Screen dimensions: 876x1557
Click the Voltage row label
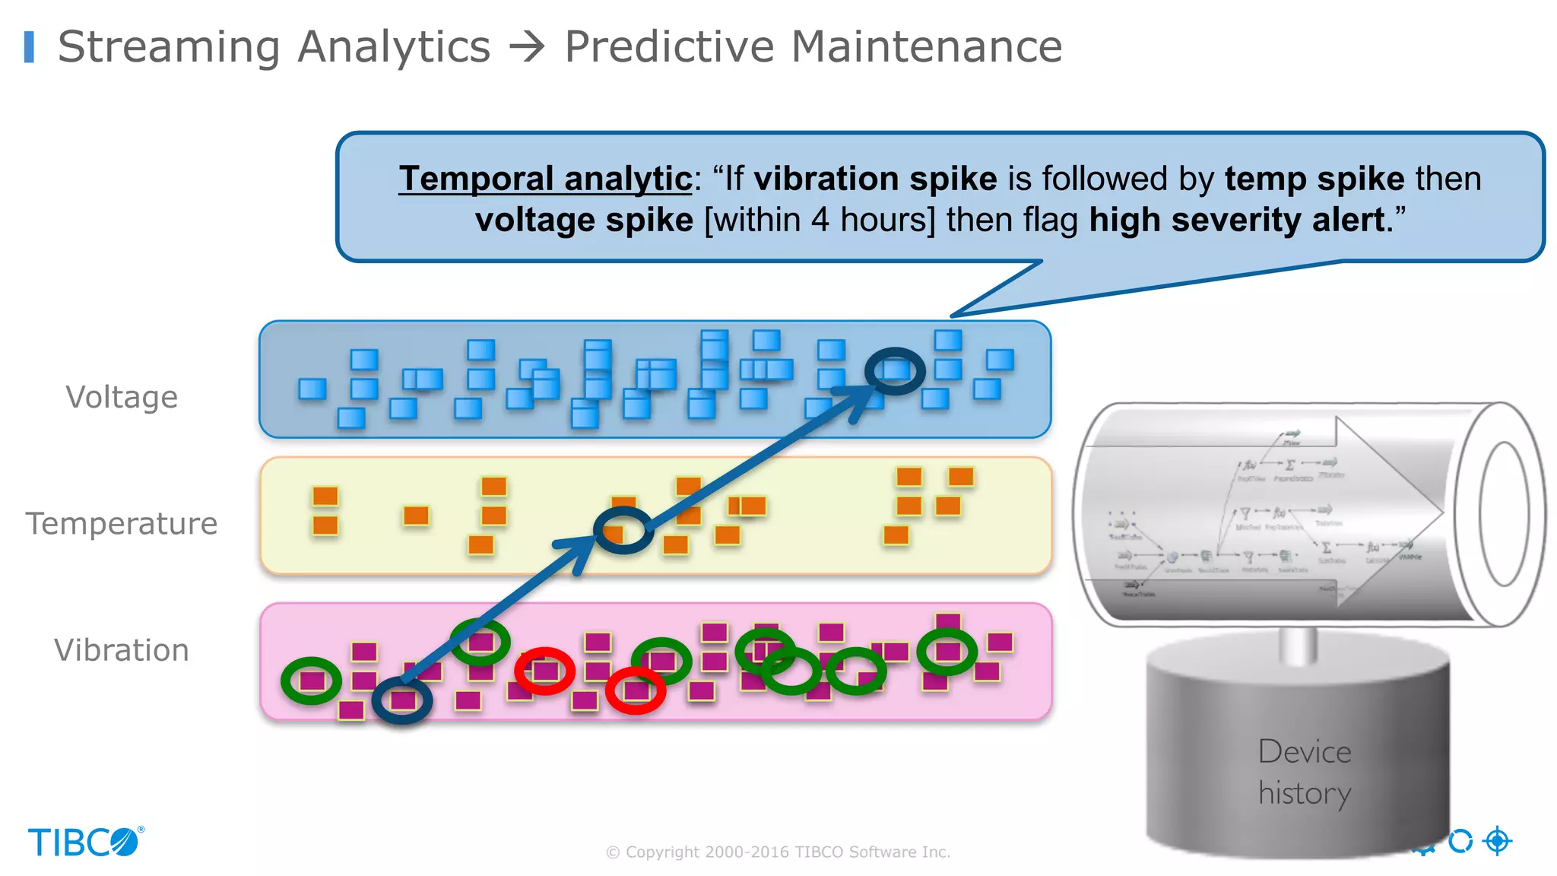[122, 397]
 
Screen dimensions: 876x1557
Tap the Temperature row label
[122, 523]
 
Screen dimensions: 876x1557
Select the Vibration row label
[122, 650]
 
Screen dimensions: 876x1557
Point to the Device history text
[1305, 772]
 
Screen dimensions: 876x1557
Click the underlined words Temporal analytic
[545, 179]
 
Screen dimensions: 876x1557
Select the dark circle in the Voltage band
[895, 371]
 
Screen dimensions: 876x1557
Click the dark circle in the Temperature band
[623, 531]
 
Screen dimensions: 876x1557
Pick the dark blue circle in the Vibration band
[402, 700]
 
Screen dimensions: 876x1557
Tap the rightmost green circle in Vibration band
[947, 652]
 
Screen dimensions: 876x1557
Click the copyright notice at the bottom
[778, 852]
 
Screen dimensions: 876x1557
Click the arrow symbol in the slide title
[527, 47]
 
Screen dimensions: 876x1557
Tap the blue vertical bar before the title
[29, 47]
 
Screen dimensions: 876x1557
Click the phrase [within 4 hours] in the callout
[820, 221]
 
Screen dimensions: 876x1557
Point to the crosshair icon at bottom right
[1498, 841]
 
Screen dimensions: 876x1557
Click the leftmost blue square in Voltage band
[312, 389]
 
